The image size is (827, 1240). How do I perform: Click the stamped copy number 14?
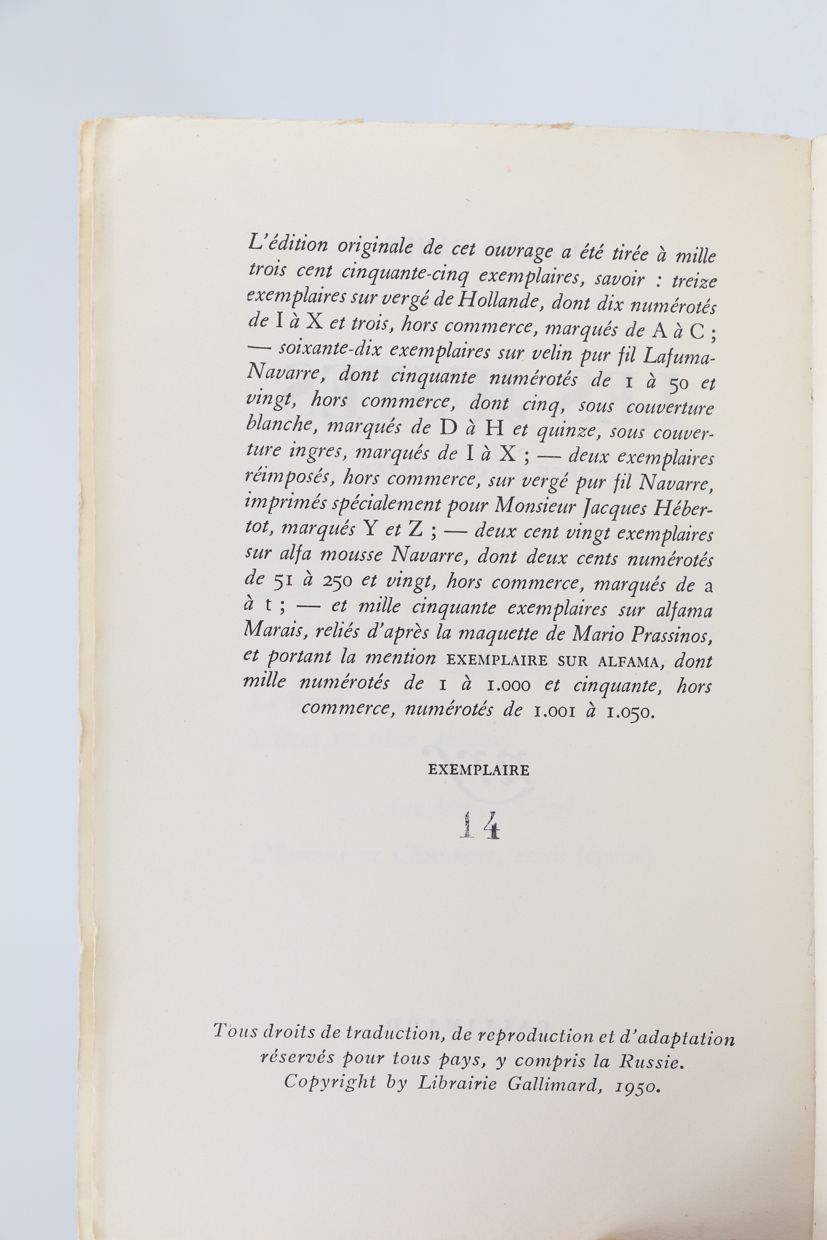coord(479,826)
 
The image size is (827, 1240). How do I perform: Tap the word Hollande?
coord(496,301)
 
